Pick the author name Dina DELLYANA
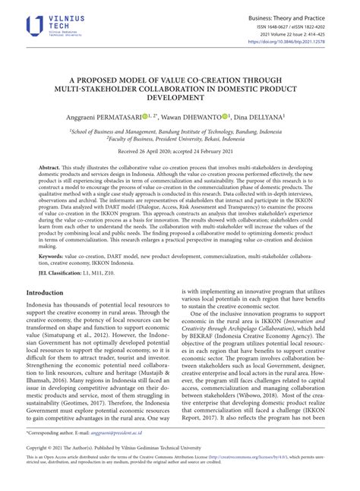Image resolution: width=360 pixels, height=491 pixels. click(x=257, y=118)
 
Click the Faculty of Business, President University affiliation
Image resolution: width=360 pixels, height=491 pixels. click(x=179, y=139)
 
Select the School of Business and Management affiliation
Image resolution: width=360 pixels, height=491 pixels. click(x=179, y=131)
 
